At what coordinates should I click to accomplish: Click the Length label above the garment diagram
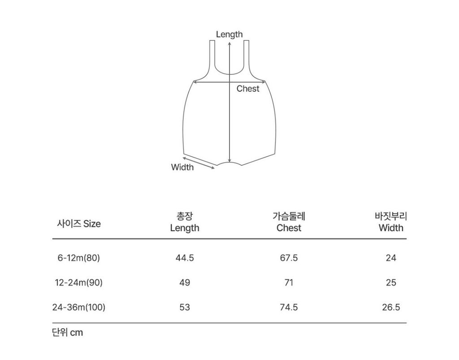[x=229, y=34]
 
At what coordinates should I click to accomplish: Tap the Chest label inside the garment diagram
[x=247, y=89]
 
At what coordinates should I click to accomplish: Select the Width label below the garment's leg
[x=182, y=167]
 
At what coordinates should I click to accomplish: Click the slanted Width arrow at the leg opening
[x=199, y=163]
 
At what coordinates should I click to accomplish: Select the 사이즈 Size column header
[x=79, y=224]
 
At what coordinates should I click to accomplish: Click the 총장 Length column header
[x=184, y=222]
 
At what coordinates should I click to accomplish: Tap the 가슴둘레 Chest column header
[x=289, y=222]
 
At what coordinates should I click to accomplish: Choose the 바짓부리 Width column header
[x=391, y=222]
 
